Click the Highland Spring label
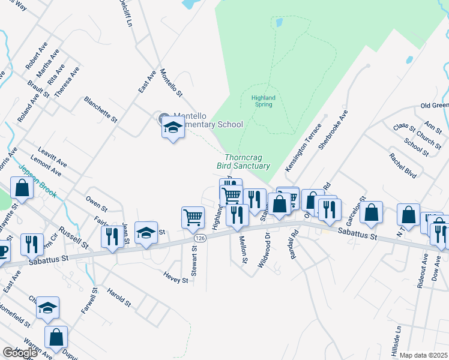click(263, 101)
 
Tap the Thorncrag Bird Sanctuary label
click(247, 161)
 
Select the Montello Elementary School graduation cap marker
click(173, 128)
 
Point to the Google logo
click(20, 352)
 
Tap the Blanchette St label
click(100, 109)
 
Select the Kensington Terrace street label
click(304, 148)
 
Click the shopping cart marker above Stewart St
click(193, 217)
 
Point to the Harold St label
click(119, 298)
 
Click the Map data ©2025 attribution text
click(423, 355)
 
